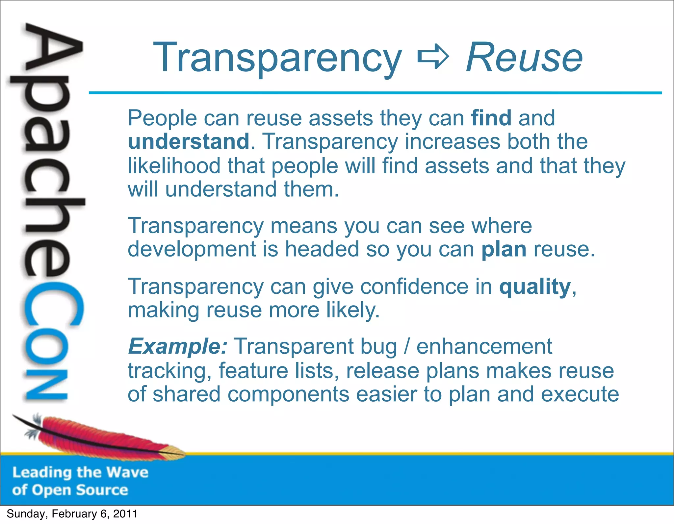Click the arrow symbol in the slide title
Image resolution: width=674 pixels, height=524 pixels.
(433, 58)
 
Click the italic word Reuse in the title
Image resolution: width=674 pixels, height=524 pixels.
(524, 58)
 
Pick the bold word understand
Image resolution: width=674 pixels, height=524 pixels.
(189, 141)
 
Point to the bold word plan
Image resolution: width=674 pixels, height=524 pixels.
(504, 249)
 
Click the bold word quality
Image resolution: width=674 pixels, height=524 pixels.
(535, 287)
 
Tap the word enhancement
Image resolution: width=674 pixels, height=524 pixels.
(484, 346)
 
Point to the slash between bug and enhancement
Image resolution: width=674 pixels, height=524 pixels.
(407, 347)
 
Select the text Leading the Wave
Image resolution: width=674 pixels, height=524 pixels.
(80, 472)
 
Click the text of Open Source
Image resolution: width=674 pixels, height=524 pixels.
(70, 490)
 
